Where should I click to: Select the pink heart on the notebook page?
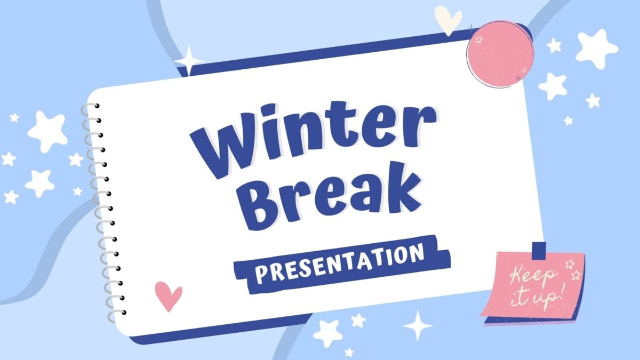click(x=168, y=295)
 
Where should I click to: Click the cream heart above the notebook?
click(x=447, y=19)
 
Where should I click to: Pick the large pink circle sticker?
click(x=500, y=54)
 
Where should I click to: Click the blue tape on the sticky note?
click(x=539, y=249)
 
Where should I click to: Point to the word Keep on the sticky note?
click(x=533, y=277)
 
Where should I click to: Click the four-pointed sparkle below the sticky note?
click(x=418, y=325)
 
